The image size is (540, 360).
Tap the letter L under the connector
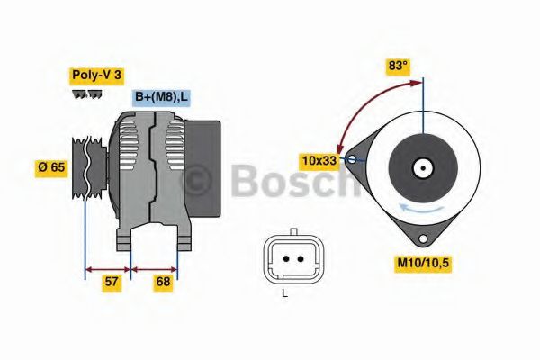coord(283,292)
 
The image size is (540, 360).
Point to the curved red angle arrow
coord(360,103)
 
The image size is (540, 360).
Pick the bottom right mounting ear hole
coord(422,238)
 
